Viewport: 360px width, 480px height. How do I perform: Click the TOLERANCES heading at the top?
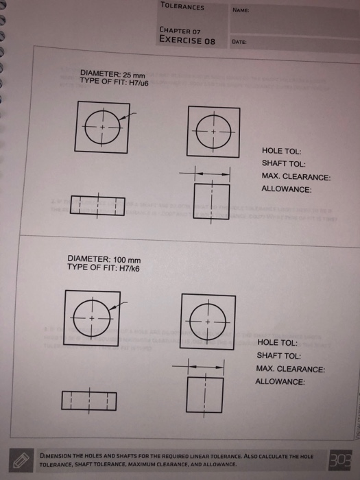(182, 7)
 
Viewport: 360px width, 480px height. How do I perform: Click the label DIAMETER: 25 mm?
(114, 73)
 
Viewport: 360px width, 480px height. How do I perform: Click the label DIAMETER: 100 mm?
(104, 259)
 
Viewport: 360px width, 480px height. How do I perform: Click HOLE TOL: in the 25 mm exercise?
(281, 151)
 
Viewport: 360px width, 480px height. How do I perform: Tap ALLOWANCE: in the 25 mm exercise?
(287, 189)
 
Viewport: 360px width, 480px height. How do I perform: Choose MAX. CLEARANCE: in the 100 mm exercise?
(290, 369)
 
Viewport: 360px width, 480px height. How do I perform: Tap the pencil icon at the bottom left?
(21, 460)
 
